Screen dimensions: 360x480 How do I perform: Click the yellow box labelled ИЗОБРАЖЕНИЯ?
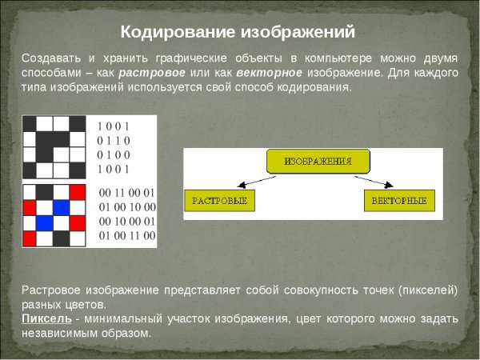[x=319, y=162]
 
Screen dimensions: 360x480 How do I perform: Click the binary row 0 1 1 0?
[x=113, y=140]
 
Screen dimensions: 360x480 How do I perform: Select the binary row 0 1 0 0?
[x=113, y=154]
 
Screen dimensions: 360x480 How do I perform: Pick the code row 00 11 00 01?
[x=126, y=193]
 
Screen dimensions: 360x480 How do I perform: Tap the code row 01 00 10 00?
[x=126, y=207]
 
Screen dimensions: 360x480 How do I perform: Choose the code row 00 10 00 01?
[x=126, y=222]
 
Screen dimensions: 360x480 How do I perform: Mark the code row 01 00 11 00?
[x=126, y=236]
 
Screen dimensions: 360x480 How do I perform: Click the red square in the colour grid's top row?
[x=77, y=192]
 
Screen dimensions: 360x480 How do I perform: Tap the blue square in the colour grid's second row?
[x=62, y=207]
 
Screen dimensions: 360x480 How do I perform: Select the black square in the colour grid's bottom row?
[x=62, y=238]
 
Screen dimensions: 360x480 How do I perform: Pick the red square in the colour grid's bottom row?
[x=30, y=238]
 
